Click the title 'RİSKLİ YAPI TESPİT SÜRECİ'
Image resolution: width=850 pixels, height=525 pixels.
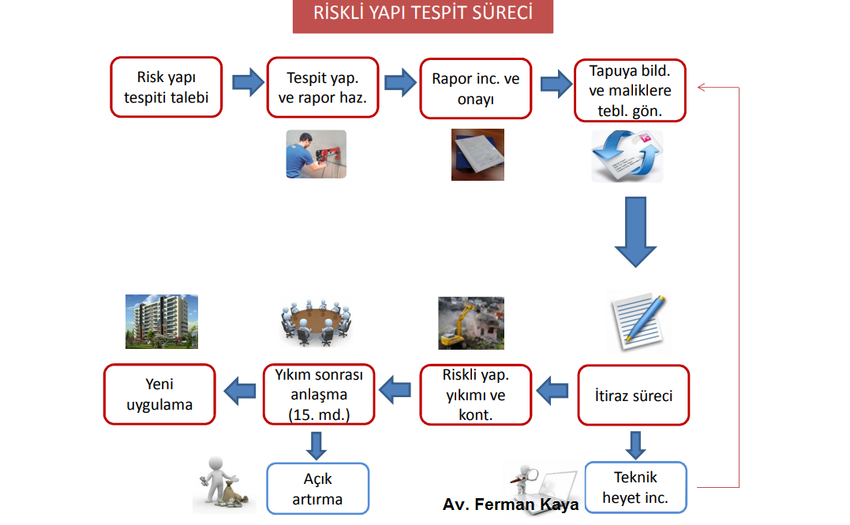click(423, 13)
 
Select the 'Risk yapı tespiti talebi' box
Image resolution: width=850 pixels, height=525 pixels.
click(167, 88)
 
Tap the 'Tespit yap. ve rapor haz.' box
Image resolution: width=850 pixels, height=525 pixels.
click(323, 88)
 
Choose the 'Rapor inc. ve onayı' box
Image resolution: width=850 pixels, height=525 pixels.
click(475, 88)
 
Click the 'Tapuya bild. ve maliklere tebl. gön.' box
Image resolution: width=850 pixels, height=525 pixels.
click(630, 91)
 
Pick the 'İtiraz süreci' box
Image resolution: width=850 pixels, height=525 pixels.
click(633, 395)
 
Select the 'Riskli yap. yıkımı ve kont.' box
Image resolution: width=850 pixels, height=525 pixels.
click(475, 395)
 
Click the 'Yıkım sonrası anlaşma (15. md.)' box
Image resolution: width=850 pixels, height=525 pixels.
click(319, 394)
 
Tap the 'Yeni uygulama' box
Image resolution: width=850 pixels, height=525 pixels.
click(159, 394)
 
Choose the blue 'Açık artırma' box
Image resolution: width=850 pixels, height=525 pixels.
click(318, 489)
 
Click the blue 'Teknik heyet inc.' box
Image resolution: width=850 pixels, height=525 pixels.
click(635, 488)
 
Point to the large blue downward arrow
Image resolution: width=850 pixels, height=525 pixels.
click(635, 232)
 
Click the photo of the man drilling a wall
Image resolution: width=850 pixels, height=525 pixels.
click(316, 154)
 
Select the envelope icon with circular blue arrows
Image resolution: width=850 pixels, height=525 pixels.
click(627, 156)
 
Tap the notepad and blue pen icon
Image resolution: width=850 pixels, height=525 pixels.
click(638, 322)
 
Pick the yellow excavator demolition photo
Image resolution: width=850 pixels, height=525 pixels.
click(471, 323)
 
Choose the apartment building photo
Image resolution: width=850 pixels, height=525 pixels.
click(162, 321)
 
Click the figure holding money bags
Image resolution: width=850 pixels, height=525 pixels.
click(223, 484)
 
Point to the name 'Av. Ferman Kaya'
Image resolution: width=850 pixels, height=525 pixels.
click(511, 504)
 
